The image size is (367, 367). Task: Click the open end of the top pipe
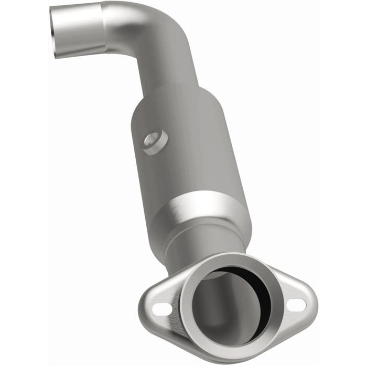[x=55, y=31]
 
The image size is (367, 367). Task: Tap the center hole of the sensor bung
[x=153, y=139]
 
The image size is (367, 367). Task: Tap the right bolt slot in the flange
[x=297, y=304]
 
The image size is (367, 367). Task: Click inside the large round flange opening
[x=225, y=309]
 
